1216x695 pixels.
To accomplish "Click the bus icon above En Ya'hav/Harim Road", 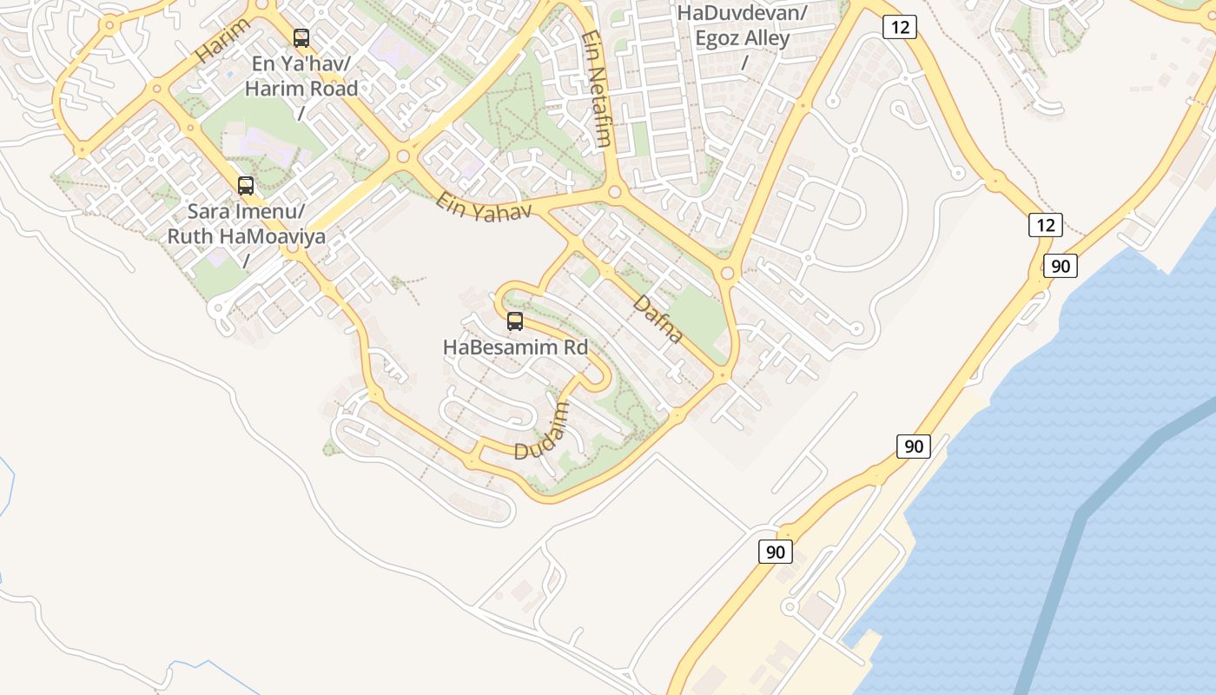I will point(301,38).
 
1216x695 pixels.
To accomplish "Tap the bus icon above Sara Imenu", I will point(246,186).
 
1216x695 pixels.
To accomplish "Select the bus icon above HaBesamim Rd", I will point(515,322).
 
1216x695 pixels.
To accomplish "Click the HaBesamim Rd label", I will point(515,347).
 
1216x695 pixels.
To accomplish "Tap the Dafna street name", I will point(658,319).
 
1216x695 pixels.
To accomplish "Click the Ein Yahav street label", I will point(484,206).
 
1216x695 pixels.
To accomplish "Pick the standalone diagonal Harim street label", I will point(222,41).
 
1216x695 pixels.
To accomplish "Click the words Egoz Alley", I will point(742,38).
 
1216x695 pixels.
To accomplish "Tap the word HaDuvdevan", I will point(743,13).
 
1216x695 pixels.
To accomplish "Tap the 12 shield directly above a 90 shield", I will point(1046,225).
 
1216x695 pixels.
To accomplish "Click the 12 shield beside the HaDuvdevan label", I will point(900,27).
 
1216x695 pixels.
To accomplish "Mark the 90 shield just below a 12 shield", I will point(1061,266).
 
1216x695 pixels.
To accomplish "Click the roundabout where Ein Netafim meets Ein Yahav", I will point(614,190).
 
